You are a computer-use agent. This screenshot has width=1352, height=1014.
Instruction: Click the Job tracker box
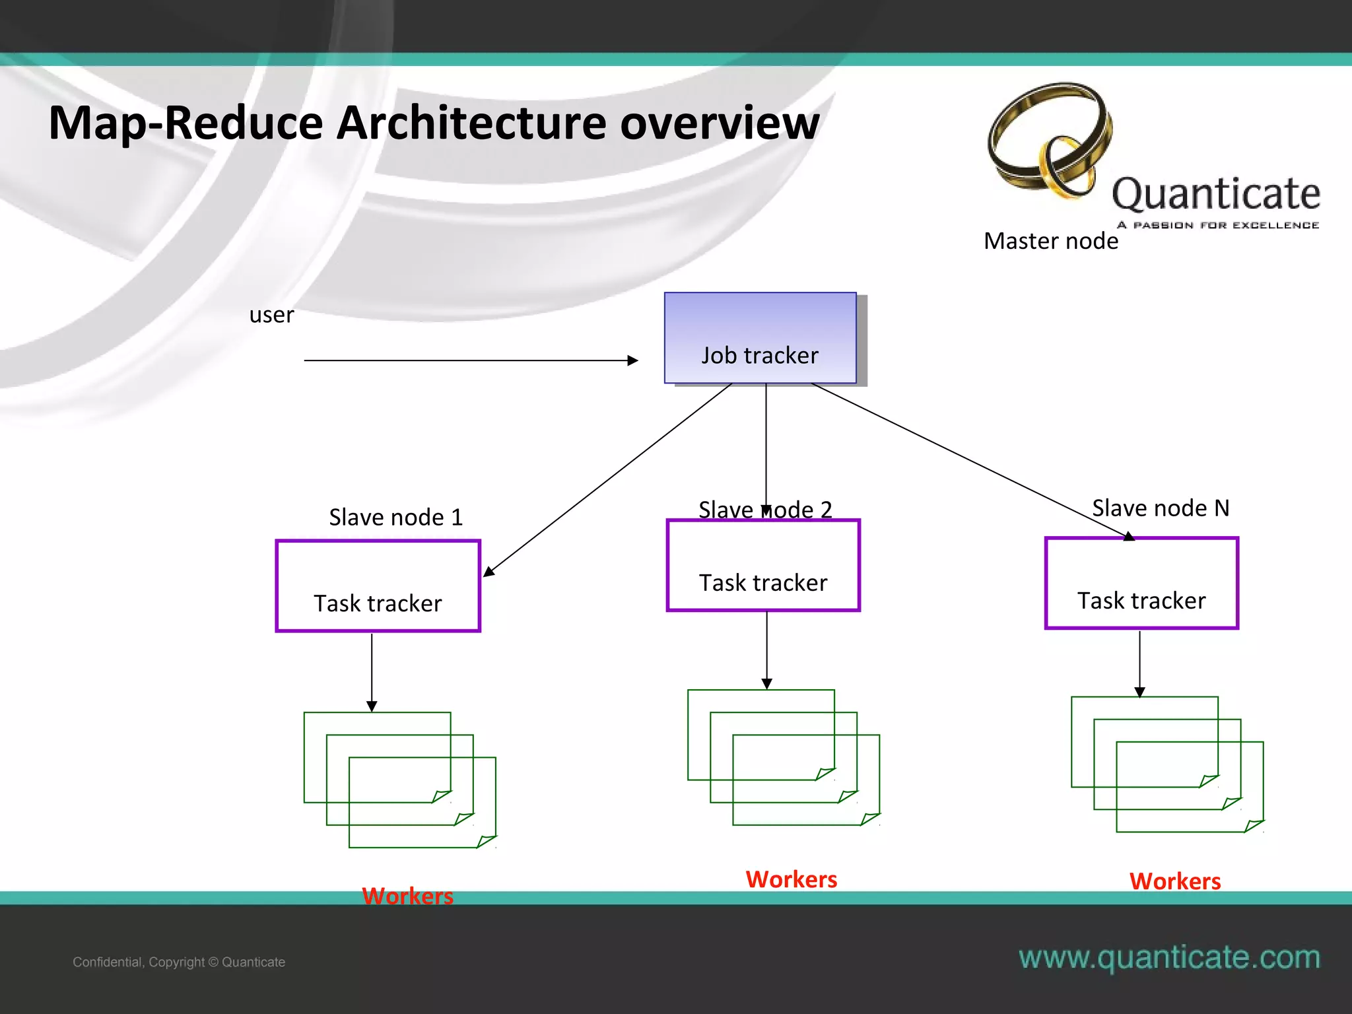coord(760,338)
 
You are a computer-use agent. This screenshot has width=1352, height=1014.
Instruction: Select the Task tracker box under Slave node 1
coord(378,586)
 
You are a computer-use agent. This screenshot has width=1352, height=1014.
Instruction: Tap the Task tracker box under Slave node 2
coord(763,566)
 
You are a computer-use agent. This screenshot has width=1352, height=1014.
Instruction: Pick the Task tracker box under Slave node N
coord(1141,584)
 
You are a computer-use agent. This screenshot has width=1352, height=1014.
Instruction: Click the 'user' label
coord(271,315)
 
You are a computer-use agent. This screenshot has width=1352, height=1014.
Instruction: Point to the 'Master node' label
coord(1050,241)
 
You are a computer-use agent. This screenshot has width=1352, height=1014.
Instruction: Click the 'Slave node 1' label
coord(396,517)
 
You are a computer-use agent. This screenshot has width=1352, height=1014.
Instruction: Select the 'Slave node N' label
coord(1161,508)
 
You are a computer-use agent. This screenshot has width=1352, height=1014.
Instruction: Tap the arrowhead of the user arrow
coord(633,360)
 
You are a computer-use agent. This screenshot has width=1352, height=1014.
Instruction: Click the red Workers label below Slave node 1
coord(407,896)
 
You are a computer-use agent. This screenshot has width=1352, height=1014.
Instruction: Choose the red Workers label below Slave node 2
coord(791,879)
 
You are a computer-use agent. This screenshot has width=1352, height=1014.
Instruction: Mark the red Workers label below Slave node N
coord(1174,881)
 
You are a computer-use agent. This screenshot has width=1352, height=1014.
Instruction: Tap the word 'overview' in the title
coord(720,123)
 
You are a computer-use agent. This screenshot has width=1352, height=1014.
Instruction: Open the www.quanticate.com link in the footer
coord(1169,957)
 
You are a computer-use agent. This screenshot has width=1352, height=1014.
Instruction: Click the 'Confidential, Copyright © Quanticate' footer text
coord(179,962)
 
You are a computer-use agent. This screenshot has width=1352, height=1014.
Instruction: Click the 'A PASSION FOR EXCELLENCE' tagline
coord(1217,225)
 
